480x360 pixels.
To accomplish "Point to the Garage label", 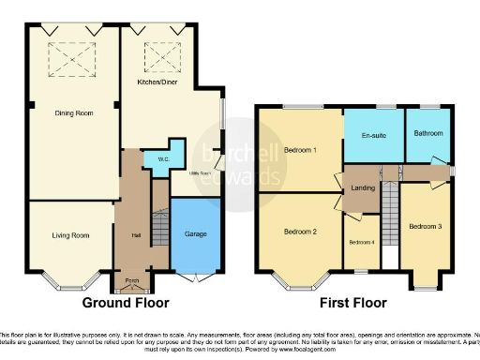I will coord(195,233).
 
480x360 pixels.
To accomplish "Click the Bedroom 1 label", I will coord(301,150).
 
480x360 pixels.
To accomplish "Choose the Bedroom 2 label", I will coord(301,232).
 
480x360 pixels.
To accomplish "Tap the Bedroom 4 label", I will coord(361,243).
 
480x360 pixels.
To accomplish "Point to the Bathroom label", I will coord(428,133).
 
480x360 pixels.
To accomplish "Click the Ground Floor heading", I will coord(126,303).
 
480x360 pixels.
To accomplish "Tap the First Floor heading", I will coord(352,303).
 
